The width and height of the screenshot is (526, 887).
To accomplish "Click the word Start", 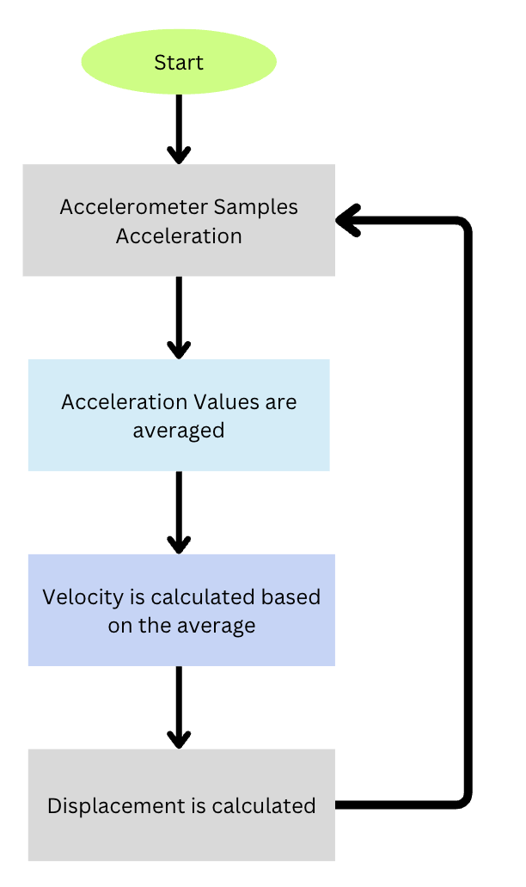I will click(179, 63).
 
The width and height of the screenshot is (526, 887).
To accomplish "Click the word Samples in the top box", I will click(256, 207).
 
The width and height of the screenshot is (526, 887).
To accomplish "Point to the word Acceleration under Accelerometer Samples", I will click(179, 235).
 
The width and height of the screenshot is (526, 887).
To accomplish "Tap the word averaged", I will click(179, 430).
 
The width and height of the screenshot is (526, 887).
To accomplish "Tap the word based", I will click(295, 596).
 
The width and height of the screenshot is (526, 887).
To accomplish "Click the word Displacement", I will click(108, 805).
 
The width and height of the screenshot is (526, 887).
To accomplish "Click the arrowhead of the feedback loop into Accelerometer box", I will click(346, 221).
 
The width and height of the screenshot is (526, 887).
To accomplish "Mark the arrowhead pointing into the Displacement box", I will click(179, 739).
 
